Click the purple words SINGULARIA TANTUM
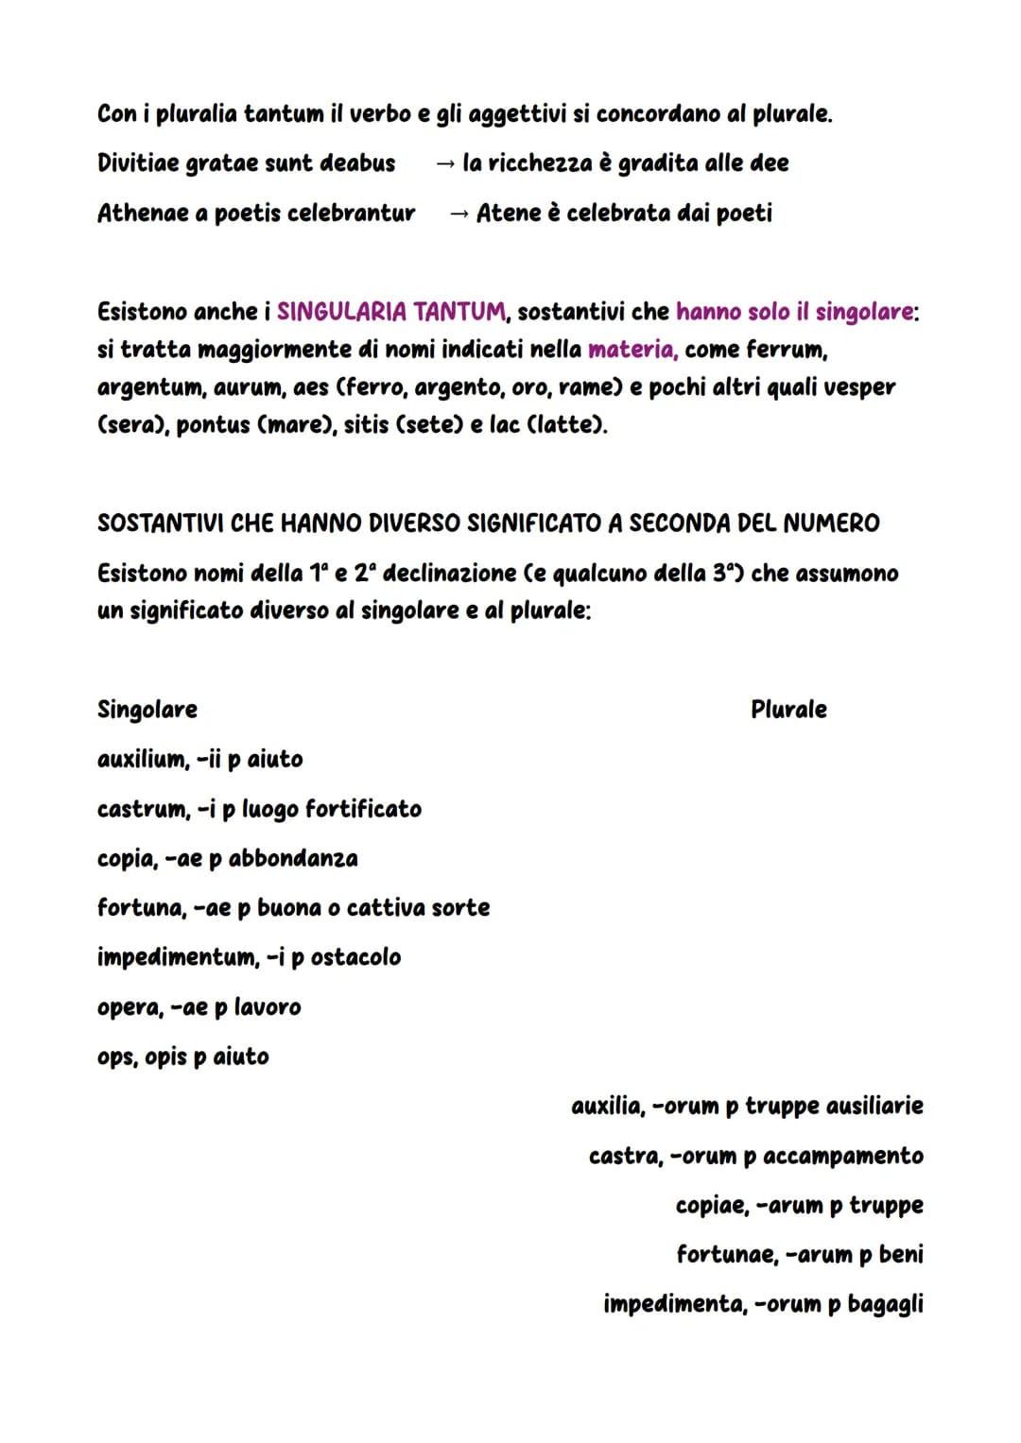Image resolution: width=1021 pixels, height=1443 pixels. (x=391, y=312)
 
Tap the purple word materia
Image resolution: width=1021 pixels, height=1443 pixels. (x=632, y=350)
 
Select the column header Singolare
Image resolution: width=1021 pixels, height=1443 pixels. (x=147, y=710)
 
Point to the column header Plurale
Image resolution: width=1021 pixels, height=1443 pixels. (x=788, y=710)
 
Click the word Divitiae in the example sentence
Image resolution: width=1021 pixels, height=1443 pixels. (x=138, y=163)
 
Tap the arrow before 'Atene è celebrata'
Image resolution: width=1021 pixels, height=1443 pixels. (x=459, y=214)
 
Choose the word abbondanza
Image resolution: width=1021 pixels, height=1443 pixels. (x=293, y=858)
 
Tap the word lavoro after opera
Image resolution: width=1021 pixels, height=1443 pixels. (x=268, y=1007)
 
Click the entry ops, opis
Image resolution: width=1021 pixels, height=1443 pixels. (x=142, y=1056)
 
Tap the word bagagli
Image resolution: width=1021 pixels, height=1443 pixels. (x=885, y=1304)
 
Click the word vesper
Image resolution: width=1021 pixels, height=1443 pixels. (x=860, y=387)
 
